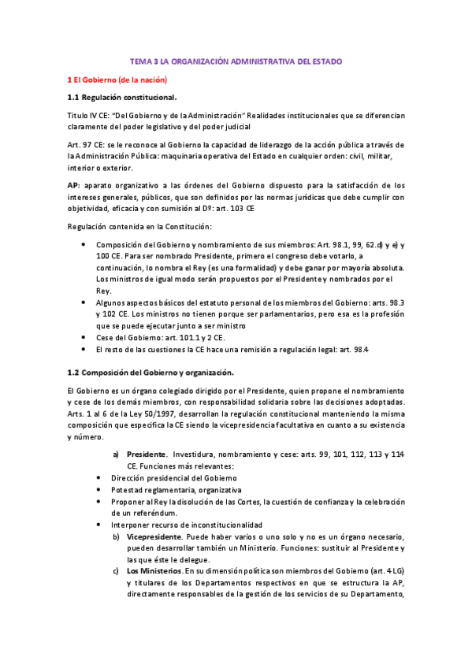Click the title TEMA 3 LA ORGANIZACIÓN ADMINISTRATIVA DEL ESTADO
[236, 61]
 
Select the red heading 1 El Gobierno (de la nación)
[117, 80]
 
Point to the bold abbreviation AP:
[73, 184]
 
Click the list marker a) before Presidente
[115, 455]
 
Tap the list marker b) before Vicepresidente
[116, 536]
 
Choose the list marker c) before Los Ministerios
[115, 570]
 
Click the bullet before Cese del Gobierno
[84, 336]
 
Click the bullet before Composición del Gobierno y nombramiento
[84, 244]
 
